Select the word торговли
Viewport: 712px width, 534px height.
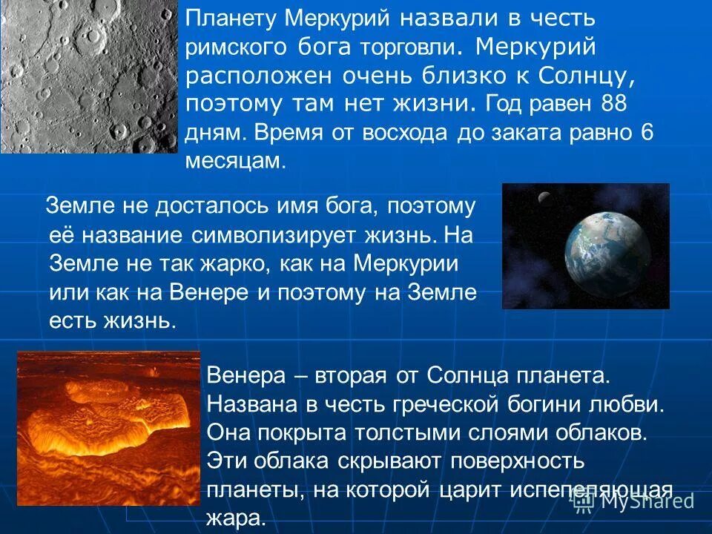click(x=403, y=47)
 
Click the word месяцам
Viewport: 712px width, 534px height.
click(x=235, y=162)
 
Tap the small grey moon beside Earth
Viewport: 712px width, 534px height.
click(x=544, y=197)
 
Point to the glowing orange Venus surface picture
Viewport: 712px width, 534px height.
click(x=108, y=428)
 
